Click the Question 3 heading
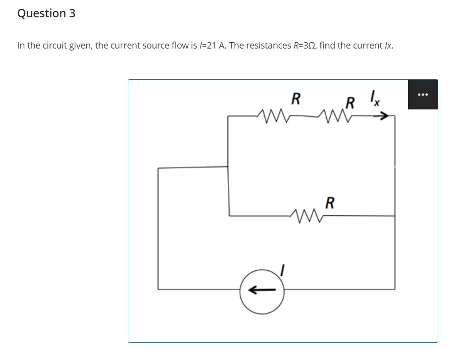(46, 13)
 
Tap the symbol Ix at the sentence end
(389, 46)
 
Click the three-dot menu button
(422, 94)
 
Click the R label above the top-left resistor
(296, 99)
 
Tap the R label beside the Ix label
(350, 103)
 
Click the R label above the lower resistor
(330, 202)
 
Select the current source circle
(262, 291)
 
